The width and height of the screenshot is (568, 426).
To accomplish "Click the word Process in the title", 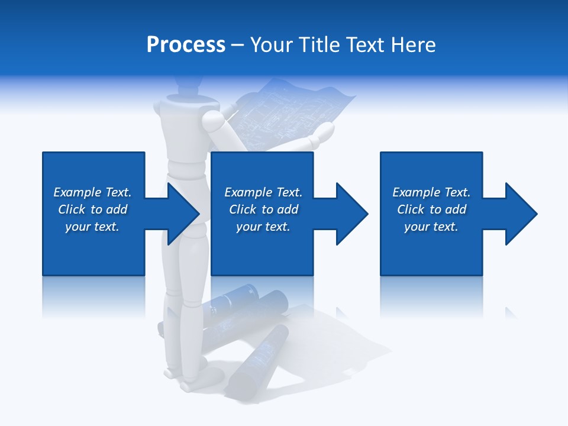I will pos(186,45).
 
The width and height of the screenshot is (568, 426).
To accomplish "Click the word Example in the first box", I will pos(78,192).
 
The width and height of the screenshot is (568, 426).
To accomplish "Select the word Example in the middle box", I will pos(248,192).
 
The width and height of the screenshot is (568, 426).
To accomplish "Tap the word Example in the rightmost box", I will pos(417,192).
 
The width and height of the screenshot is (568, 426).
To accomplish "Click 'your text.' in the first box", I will pos(92,227).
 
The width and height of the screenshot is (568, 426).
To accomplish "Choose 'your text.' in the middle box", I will pos(263,227).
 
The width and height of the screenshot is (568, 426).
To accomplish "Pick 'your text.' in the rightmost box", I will pos(431,227).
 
